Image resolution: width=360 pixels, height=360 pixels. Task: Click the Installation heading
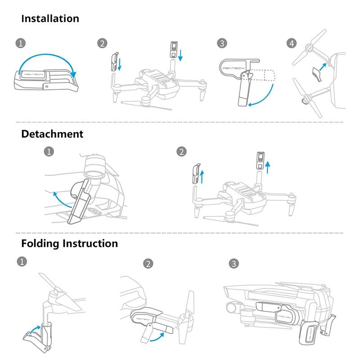[x=50, y=19]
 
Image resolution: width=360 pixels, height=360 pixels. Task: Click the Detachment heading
[x=52, y=134]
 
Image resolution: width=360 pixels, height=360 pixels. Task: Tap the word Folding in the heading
[x=40, y=243]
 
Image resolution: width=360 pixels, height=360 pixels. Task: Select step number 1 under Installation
[x=20, y=43]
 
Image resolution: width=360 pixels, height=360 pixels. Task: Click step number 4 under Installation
[x=291, y=43]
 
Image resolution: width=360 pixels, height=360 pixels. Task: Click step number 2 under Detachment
[x=182, y=151]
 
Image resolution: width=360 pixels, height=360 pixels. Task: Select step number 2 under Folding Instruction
[x=148, y=264]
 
